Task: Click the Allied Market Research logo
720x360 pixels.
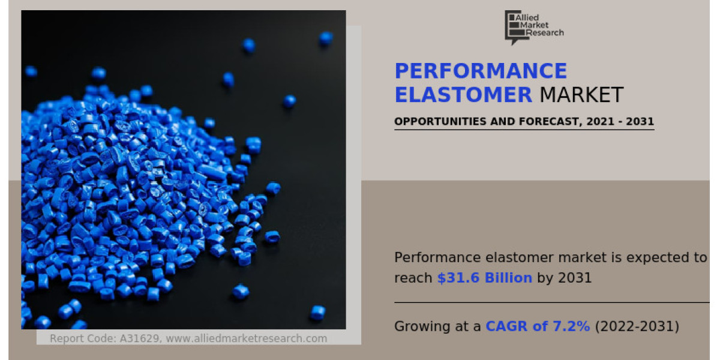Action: click(534, 28)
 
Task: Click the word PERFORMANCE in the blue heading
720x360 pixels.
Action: click(481, 71)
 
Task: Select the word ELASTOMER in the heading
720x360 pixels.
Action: click(463, 95)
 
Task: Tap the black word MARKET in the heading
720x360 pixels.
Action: click(581, 95)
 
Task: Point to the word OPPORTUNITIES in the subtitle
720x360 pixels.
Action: click(440, 121)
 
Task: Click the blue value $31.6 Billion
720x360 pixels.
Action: click(485, 278)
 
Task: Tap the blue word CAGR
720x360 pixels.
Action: click(506, 326)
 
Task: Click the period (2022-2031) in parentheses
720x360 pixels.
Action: click(637, 326)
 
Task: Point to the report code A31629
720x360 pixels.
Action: click(139, 338)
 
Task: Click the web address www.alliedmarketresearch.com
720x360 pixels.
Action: click(246, 338)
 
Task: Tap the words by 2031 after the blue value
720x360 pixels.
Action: click(564, 278)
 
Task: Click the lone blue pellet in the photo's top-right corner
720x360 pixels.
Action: click(326, 38)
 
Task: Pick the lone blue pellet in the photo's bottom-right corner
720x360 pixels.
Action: click(317, 313)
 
